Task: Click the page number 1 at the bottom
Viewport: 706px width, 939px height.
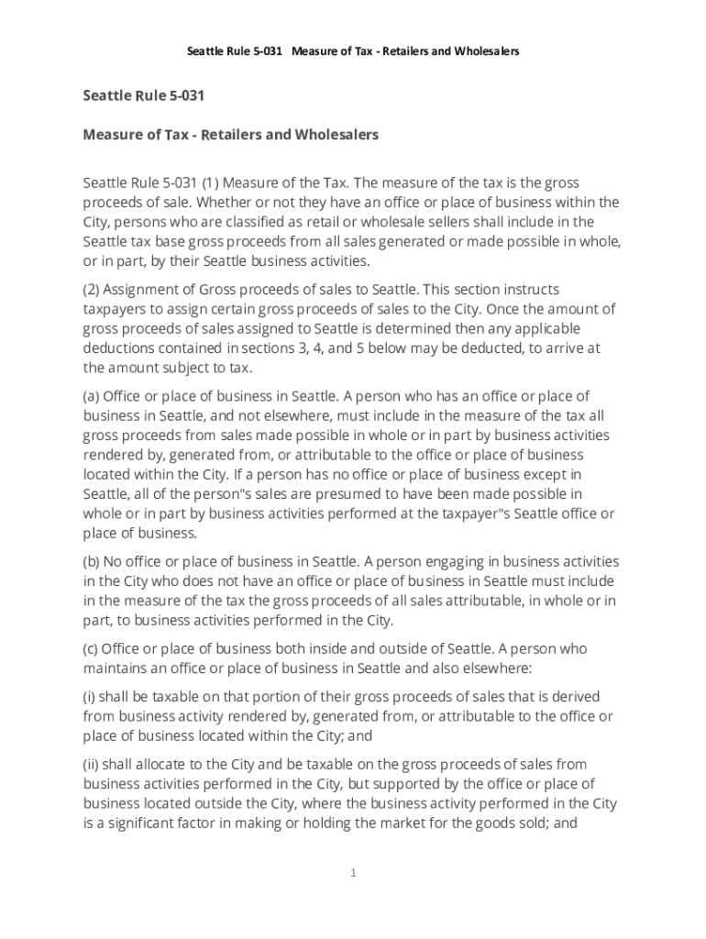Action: pyautogui.click(x=353, y=873)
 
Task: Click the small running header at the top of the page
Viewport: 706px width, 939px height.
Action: pyautogui.click(x=353, y=51)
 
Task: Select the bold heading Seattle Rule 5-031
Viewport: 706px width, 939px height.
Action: pyautogui.click(x=143, y=95)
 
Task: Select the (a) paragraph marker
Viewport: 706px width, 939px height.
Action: pyautogui.click(x=92, y=396)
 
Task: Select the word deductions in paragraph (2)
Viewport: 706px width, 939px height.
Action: pyautogui.click(x=120, y=348)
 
